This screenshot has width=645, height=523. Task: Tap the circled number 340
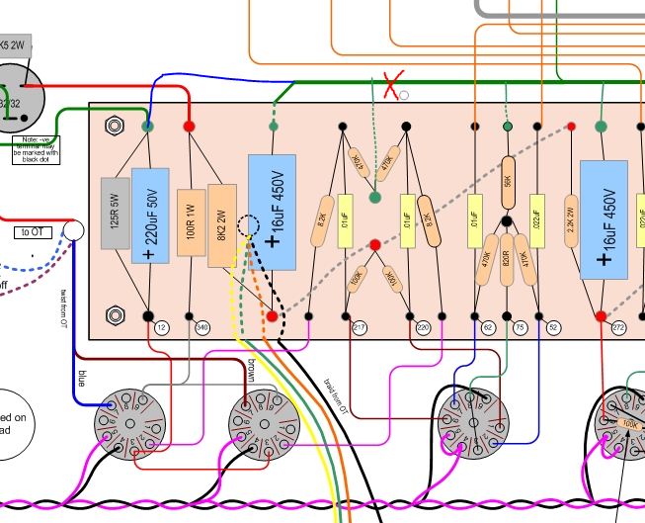203,326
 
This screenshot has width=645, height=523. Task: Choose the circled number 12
162,326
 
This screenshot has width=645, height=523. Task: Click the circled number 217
360,326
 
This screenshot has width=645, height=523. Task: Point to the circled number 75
521,326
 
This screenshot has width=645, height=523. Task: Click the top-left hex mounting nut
112,127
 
